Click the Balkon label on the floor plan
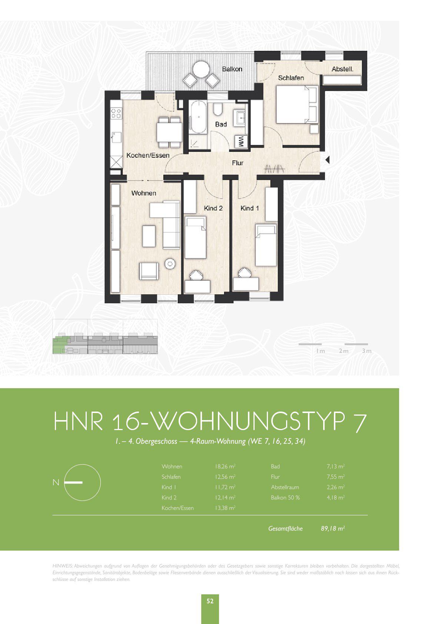point(232,69)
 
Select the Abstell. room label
point(342,69)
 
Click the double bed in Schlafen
point(296,104)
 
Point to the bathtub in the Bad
point(198,117)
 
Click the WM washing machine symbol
point(241,141)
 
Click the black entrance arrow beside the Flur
point(327,160)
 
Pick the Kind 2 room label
point(213,208)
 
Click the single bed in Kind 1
point(266,245)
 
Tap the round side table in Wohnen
point(170,264)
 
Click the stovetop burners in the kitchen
point(116,113)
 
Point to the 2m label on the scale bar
point(344,351)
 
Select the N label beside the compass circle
point(56,482)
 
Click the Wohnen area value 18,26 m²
point(225,466)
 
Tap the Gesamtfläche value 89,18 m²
point(333,528)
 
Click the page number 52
point(210,601)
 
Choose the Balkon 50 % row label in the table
point(285,498)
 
